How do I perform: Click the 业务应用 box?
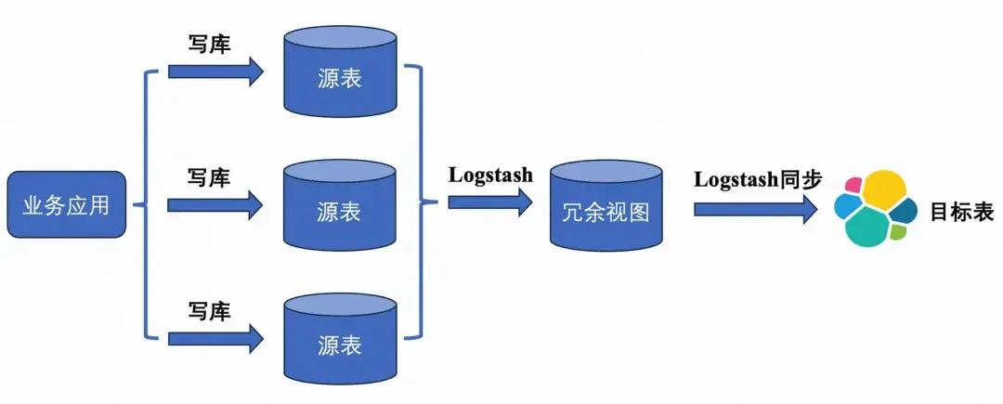pyautogui.click(x=66, y=204)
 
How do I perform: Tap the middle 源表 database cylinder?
pyautogui.click(x=339, y=206)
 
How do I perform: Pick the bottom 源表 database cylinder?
pyautogui.click(x=339, y=338)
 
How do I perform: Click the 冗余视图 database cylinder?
pyautogui.click(x=606, y=209)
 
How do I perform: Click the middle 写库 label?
pyautogui.click(x=209, y=176)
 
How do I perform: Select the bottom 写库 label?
pyautogui.click(x=209, y=309)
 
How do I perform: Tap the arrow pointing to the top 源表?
pyautogui.click(x=215, y=72)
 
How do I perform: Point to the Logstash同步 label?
pyautogui.click(x=758, y=179)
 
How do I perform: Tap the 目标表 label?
pyautogui.click(x=962, y=212)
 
